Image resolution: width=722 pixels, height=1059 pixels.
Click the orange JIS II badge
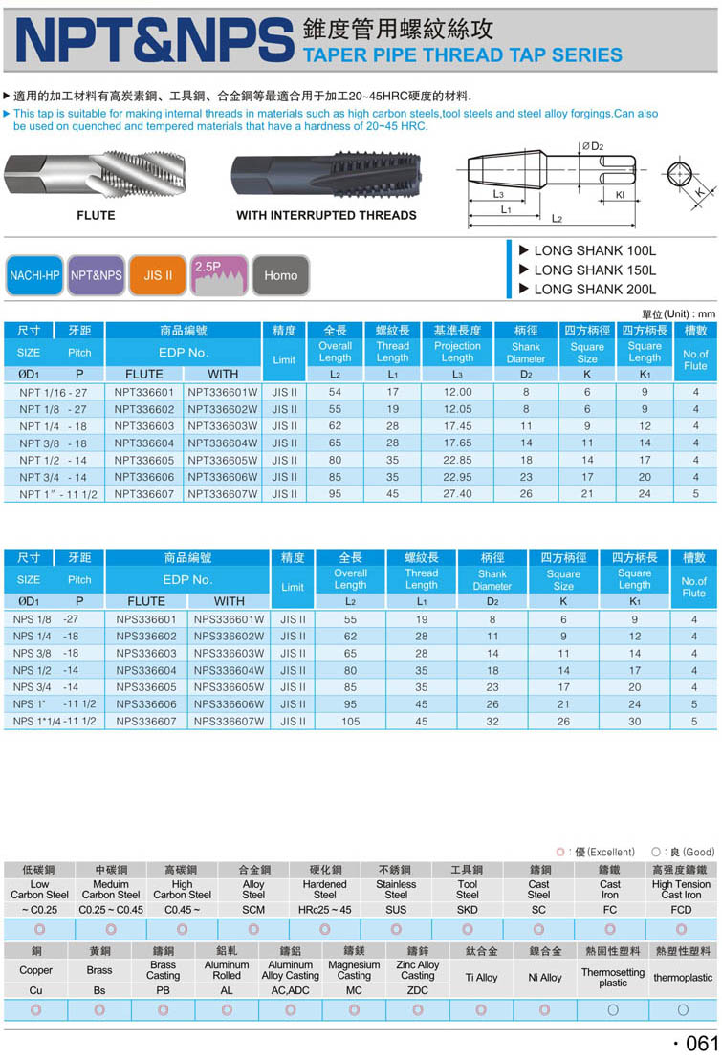coord(158,275)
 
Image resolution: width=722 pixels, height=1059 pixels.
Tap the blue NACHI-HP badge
coord(34,275)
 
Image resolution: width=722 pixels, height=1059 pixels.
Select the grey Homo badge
coord(280,275)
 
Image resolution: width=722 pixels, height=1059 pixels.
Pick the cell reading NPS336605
coord(146,687)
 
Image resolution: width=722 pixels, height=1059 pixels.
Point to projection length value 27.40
coord(457,494)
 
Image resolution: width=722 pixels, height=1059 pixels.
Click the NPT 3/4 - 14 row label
coord(53,477)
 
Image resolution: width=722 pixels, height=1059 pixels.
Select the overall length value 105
coord(350,722)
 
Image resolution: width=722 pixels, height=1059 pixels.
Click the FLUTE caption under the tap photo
coord(96,216)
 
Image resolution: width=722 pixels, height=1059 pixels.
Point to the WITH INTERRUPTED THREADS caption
coord(326,216)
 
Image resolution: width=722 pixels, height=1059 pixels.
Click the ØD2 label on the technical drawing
coord(593,145)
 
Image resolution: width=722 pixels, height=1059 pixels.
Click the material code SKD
coord(467,910)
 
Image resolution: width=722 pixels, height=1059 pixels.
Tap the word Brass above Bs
coord(99,970)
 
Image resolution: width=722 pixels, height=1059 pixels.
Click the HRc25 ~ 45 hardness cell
coord(325,910)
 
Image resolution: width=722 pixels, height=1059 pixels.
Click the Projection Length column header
coord(457,352)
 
